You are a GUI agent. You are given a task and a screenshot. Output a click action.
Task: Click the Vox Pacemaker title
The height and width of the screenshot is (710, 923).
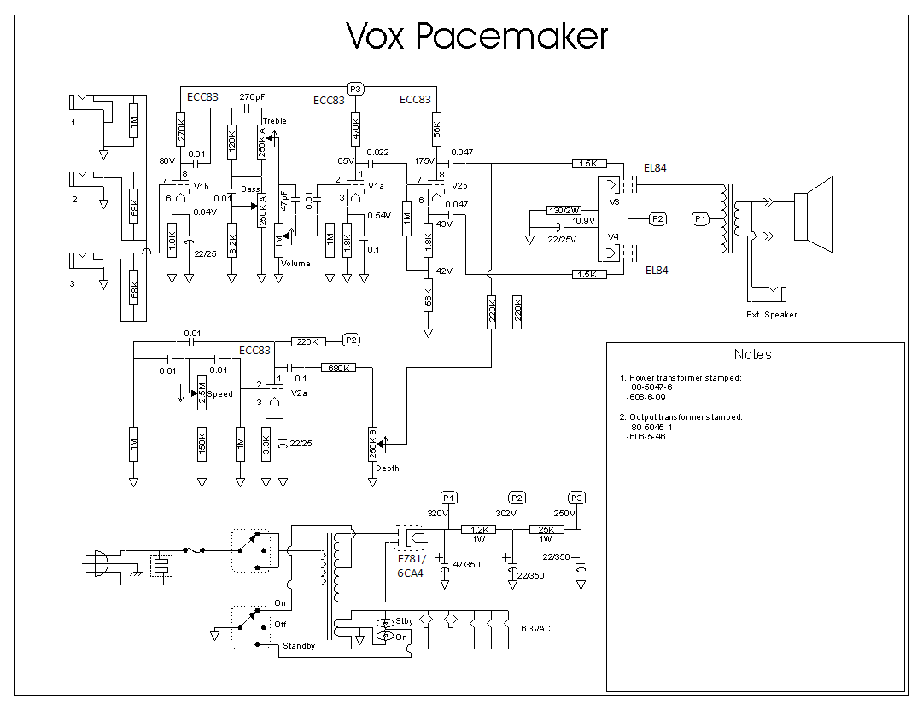[x=477, y=36]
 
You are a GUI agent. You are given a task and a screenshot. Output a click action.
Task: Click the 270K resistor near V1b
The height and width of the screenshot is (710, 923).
[x=181, y=129]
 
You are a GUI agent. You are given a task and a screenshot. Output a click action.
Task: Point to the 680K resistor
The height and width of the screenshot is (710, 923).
[x=337, y=368]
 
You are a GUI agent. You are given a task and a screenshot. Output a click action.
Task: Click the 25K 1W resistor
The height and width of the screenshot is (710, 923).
[x=546, y=529]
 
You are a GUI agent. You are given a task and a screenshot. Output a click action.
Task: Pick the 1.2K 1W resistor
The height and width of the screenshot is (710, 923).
[x=477, y=529]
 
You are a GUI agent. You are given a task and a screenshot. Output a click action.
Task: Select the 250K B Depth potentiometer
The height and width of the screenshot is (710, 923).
[x=372, y=443]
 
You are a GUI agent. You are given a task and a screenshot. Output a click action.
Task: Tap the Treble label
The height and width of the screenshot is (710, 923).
[x=275, y=121]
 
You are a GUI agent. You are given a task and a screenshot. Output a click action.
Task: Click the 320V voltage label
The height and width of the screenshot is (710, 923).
[x=437, y=514]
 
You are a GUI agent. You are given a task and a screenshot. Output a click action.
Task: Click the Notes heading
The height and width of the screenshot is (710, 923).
[x=752, y=355]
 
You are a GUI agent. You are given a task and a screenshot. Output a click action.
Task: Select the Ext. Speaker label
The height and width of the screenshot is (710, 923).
[x=771, y=315]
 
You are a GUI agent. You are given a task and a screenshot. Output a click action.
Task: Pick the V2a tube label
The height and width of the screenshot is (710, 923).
[x=299, y=393]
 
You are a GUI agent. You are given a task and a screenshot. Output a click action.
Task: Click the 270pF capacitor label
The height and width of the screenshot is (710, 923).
[x=254, y=96]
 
